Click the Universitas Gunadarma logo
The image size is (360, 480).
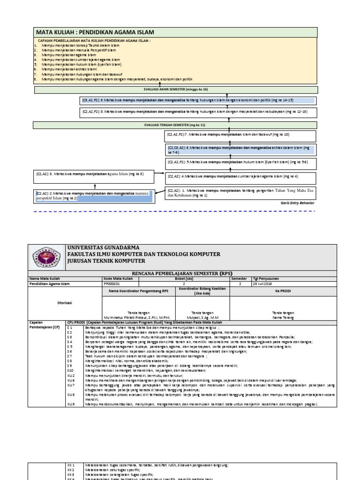pyautogui.click(x=47, y=257)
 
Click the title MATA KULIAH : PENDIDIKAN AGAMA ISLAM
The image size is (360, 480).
pyautogui.click(x=95, y=32)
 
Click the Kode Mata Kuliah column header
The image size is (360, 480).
pyautogui.click(x=116, y=279)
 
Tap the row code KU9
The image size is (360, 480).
pyautogui.click(x=71, y=404)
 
